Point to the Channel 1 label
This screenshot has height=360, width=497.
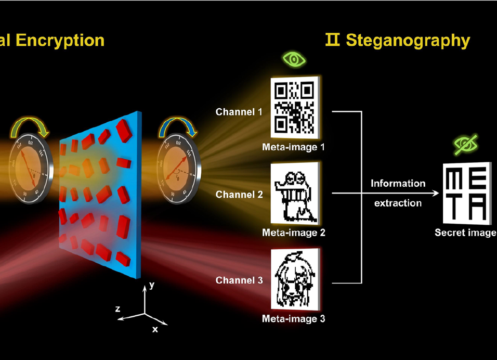click(x=239, y=111)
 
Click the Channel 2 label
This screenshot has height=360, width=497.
click(x=239, y=195)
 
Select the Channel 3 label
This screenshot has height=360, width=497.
click(x=239, y=280)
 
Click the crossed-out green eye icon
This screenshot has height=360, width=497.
click(x=466, y=145)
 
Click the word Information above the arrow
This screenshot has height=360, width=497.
click(x=398, y=183)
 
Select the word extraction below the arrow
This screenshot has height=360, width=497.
click(x=398, y=203)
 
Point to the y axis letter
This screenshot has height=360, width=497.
click(x=152, y=285)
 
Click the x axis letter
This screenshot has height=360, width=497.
click(x=155, y=329)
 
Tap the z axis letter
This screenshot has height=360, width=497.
click(x=118, y=308)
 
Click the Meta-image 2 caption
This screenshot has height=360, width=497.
click(x=294, y=233)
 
